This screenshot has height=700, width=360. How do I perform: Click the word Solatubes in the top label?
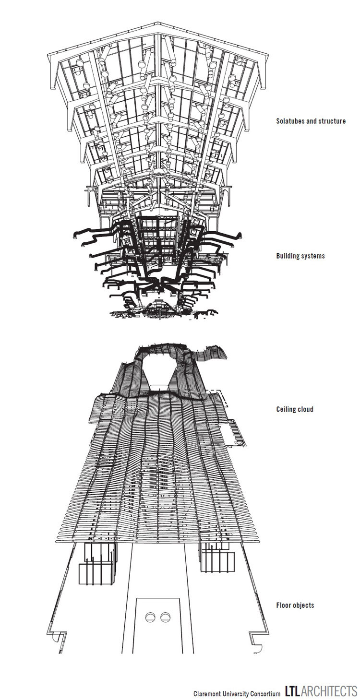point(288,121)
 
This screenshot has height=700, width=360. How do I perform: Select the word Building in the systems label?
point(287,256)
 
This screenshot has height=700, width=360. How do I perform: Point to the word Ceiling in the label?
point(285,409)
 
